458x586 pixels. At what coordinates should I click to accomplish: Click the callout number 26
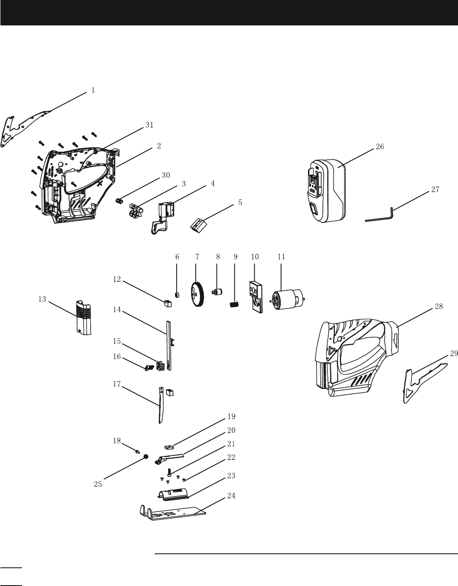click(x=380, y=147)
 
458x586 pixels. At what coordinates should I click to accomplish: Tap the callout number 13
click(x=42, y=300)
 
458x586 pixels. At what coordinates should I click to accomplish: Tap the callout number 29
click(x=453, y=353)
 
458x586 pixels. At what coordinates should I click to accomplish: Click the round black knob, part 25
click(x=146, y=457)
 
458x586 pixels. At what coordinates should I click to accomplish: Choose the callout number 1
click(x=93, y=90)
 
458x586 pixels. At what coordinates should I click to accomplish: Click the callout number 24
click(x=231, y=495)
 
